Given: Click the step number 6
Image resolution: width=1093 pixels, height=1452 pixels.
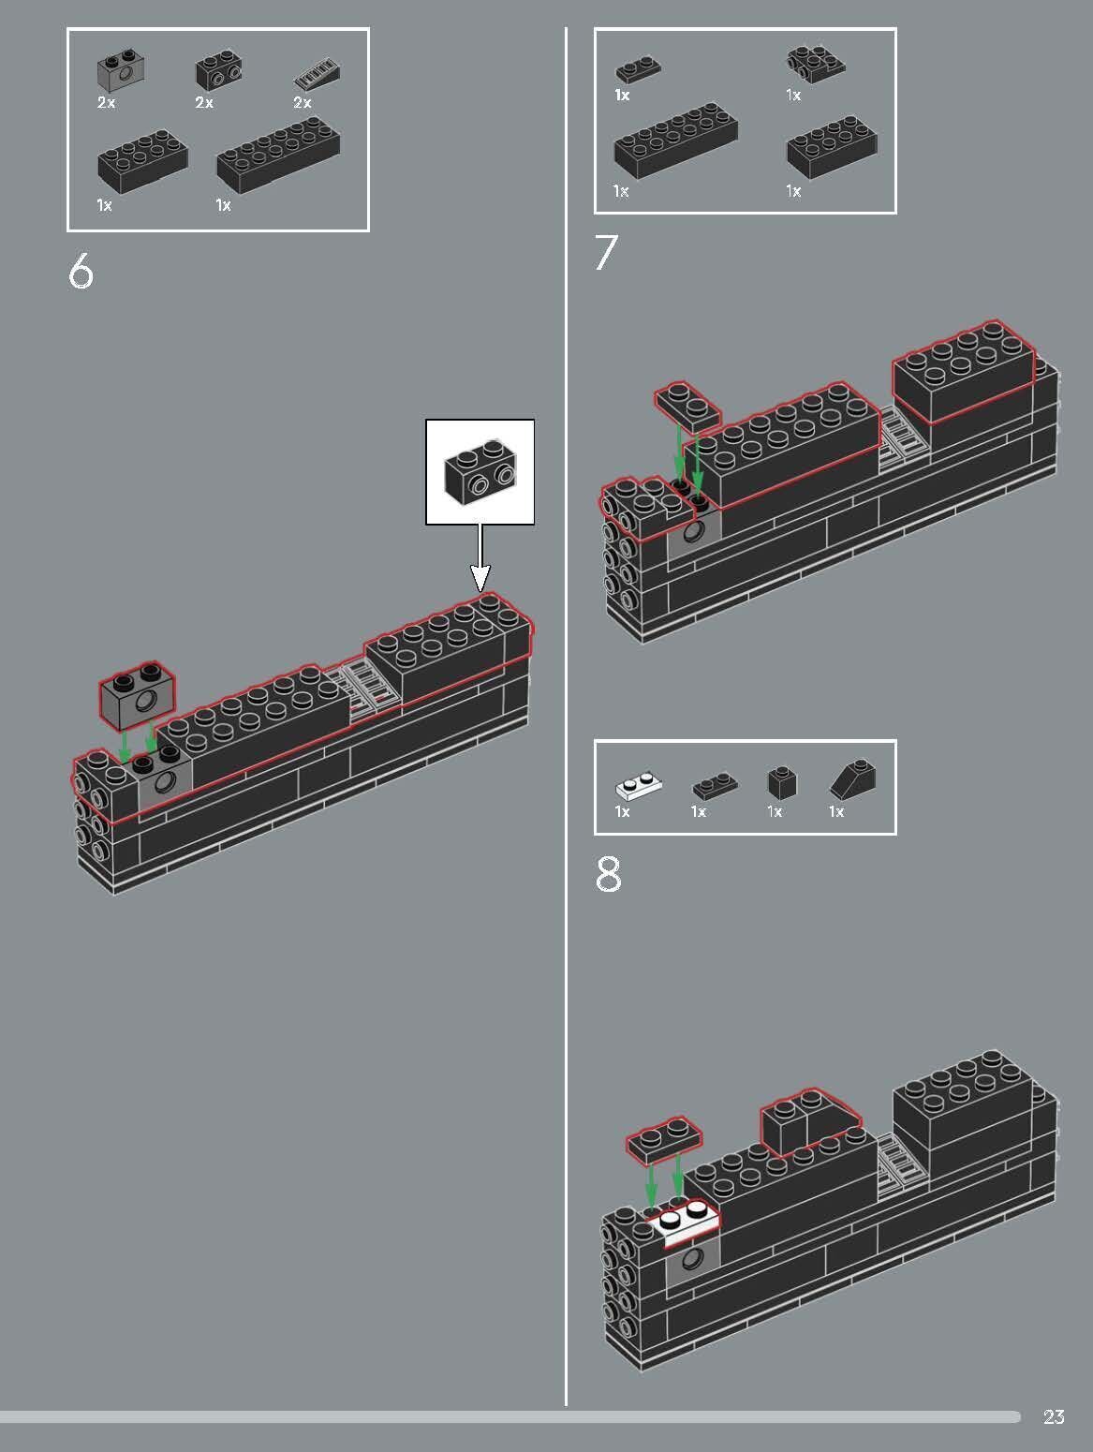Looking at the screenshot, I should click(x=81, y=272).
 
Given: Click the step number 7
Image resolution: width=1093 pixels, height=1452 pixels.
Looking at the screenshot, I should click(x=606, y=253).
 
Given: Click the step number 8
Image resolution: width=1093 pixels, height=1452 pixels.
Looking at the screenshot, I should click(x=608, y=875).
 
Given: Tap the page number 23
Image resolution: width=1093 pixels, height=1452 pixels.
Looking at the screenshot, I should click(x=1054, y=1417).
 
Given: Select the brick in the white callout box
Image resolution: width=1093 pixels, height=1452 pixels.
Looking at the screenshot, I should click(x=480, y=472).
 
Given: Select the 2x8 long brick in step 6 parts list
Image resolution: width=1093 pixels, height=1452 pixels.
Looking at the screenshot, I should click(x=277, y=155).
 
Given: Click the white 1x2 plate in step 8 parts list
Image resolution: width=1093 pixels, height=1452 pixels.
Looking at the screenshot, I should click(x=638, y=784).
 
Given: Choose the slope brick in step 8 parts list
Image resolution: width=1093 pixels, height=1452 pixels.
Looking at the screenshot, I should click(x=853, y=779).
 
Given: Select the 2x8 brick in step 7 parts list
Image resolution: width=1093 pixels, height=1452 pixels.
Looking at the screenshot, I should click(x=674, y=145).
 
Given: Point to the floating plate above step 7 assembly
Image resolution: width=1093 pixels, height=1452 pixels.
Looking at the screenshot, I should click(x=687, y=406).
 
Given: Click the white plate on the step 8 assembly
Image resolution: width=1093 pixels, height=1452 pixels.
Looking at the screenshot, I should click(x=687, y=1222).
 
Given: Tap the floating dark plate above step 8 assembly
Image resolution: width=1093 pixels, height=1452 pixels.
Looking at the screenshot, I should click(x=664, y=1140).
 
